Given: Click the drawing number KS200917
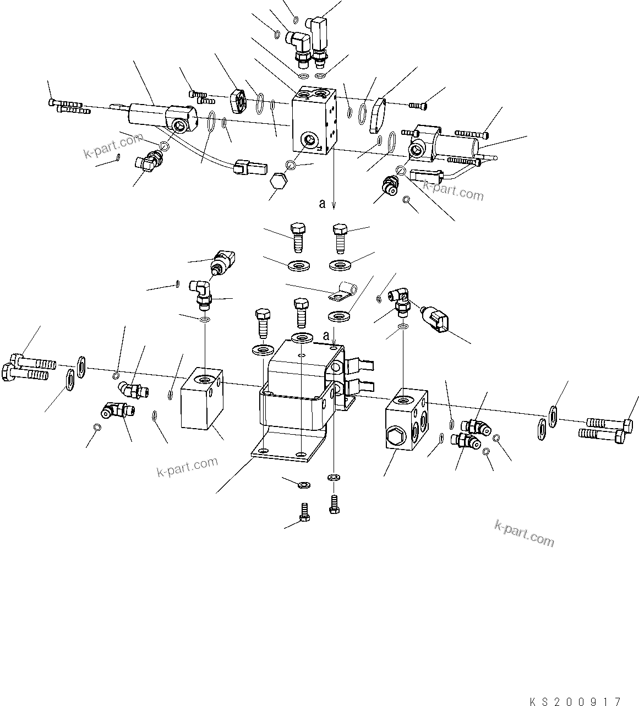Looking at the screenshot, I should tap(575, 698).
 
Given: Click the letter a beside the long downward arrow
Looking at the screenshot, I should tap(323, 204).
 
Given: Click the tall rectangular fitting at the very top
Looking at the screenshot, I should tap(319, 33).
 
